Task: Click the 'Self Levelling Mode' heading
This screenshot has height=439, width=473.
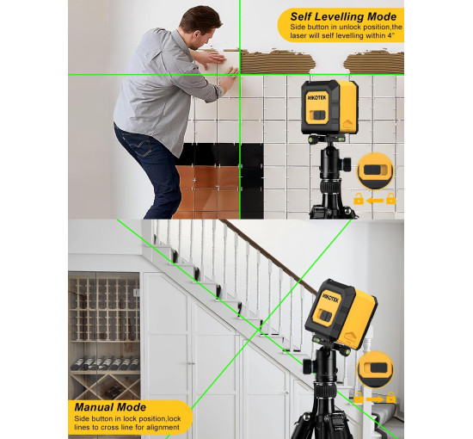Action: pyautogui.click(x=343, y=16)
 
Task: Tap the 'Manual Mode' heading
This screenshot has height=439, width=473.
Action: pyautogui.click(x=110, y=407)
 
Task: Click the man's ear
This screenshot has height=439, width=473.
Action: pyautogui.click(x=196, y=34)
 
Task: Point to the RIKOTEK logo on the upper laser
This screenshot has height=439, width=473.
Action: pyautogui.click(x=317, y=97)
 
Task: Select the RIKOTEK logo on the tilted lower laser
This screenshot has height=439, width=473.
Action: pyautogui.click(x=330, y=297)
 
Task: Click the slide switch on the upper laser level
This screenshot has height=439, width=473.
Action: pyautogui.click(x=318, y=115)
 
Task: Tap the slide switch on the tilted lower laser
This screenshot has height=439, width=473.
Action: pyautogui.click(x=325, y=316)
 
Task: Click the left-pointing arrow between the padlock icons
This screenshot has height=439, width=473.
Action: pyautogui.click(x=375, y=201)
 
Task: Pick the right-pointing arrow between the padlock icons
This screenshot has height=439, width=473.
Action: pyautogui.click(x=375, y=399)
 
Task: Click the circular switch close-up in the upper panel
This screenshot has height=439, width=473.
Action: pyautogui.click(x=375, y=170)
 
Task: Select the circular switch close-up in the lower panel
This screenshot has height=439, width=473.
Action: pyautogui.click(x=375, y=369)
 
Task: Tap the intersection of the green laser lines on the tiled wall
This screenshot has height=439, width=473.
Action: pyautogui.click(x=240, y=74)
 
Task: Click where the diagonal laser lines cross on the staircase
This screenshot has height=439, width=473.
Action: pyautogui.click(x=261, y=328)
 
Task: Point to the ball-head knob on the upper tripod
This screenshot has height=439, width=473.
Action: pyautogui.click(x=347, y=163)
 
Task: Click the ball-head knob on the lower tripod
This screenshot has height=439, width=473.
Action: pyautogui.click(x=308, y=366)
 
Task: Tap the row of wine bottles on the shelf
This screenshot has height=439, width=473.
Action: pyautogui.click(x=105, y=363)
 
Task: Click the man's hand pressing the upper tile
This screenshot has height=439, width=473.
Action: pyautogui.click(x=212, y=59)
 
